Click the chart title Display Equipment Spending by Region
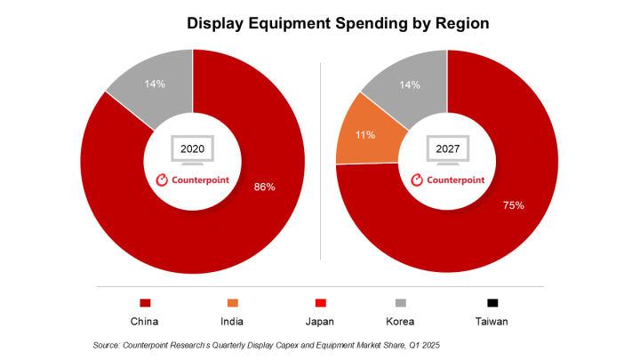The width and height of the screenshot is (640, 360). pyautogui.click(x=337, y=24)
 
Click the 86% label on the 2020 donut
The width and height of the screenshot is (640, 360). pyautogui.click(x=264, y=188)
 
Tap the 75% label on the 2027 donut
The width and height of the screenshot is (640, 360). pyautogui.click(x=513, y=204)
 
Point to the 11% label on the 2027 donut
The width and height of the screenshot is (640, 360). pyautogui.click(x=364, y=135)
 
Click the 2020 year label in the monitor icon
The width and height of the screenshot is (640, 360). pyautogui.click(x=191, y=148)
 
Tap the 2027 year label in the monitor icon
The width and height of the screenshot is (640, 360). pyautogui.click(x=447, y=148)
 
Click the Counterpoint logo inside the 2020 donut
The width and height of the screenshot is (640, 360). pyautogui.click(x=192, y=180)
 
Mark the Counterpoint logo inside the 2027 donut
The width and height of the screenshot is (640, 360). pyautogui.click(x=447, y=180)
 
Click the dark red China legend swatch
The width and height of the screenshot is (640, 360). pyautogui.click(x=145, y=301)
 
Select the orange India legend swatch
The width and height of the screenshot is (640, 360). pyautogui.click(x=233, y=301)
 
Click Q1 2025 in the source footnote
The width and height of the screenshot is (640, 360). pyautogui.click(x=422, y=344)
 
